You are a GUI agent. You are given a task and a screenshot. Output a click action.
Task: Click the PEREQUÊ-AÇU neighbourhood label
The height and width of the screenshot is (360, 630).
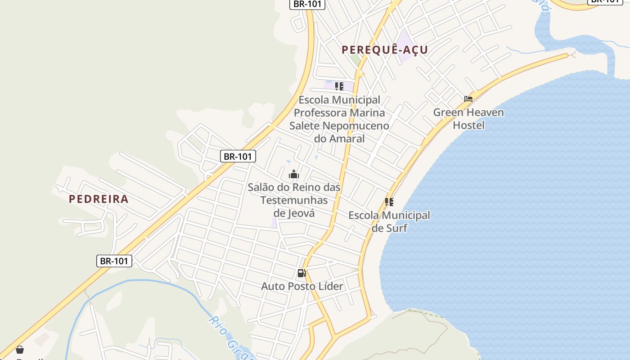pyautogui.click(x=385, y=49)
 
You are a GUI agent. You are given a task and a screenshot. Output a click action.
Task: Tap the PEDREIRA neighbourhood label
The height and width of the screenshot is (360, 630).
pyautogui.click(x=99, y=199)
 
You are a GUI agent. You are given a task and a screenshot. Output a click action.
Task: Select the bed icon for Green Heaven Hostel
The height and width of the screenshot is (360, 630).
pyautogui.click(x=468, y=99)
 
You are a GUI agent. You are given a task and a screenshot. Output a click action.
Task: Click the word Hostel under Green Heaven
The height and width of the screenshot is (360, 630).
pyautogui.click(x=468, y=125)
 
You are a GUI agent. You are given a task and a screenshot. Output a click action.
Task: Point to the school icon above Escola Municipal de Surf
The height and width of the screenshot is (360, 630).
pyautogui.click(x=389, y=202)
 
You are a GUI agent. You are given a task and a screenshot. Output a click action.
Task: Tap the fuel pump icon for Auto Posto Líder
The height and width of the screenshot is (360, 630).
pyautogui.click(x=301, y=273)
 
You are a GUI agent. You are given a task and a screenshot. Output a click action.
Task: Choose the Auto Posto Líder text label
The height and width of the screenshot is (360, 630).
pyautogui.click(x=302, y=286)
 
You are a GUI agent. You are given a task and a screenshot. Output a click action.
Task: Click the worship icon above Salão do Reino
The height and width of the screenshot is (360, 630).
pyautogui.click(x=294, y=174)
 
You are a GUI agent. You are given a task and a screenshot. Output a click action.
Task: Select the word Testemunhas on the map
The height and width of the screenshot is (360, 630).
pyautogui.click(x=294, y=200)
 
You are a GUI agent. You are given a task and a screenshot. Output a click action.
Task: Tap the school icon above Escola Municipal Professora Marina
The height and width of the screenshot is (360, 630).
pyautogui.click(x=339, y=86)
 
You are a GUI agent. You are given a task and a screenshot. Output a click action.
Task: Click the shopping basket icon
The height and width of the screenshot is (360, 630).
pyautogui.click(x=20, y=350)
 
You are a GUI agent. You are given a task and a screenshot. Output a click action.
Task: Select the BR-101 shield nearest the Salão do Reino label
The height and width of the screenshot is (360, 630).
pyautogui.click(x=238, y=156)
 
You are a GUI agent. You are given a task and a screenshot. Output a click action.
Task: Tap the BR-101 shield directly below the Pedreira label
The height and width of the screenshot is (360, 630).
pyautogui.click(x=114, y=261)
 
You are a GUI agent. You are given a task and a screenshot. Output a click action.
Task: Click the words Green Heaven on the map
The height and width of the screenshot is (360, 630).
pyautogui.click(x=468, y=112)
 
